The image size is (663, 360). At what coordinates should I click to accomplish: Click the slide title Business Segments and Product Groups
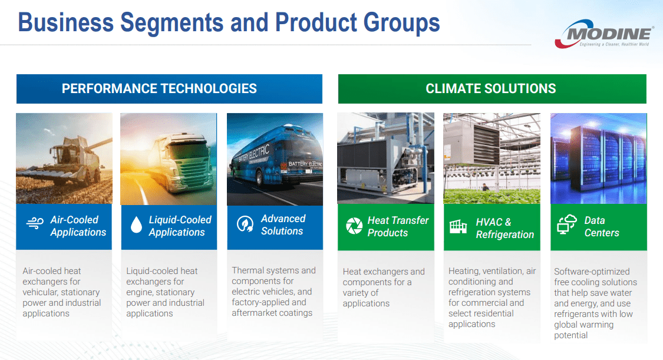(x=229, y=22)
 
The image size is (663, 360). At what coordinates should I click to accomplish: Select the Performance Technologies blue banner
(x=169, y=89)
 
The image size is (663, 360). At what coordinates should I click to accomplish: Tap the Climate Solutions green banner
(x=492, y=89)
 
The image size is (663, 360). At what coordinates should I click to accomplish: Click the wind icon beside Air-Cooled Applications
(x=35, y=223)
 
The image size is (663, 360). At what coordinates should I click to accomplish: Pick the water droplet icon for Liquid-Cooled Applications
(x=136, y=224)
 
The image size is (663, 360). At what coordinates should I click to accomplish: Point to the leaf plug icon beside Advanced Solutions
(x=245, y=224)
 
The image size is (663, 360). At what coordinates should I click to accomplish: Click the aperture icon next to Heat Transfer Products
(x=354, y=226)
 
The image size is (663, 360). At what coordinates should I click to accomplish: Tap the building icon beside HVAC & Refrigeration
(x=458, y=226)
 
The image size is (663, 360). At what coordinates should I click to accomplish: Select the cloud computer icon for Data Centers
(x=566, y=225)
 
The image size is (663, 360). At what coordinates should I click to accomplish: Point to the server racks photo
(x=598, y=158)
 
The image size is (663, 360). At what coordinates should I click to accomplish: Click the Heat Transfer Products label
(x=398, y=226)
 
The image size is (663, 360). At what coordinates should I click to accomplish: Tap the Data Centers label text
(x=601, y=226)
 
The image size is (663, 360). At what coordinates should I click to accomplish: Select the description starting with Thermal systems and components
(x=274, y=292)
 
